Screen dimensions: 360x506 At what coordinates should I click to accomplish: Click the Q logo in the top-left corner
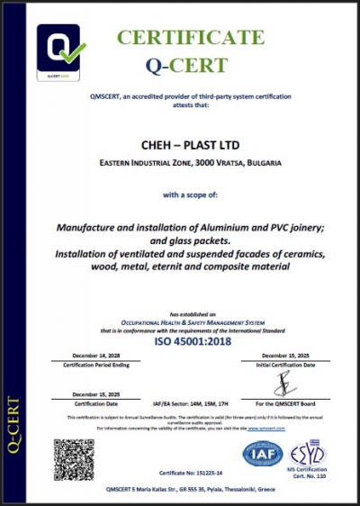tap(61, 53)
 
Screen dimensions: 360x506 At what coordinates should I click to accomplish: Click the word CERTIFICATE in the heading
tap(191, 37)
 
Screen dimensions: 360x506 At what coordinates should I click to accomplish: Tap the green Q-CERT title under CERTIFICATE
tap(186, 65)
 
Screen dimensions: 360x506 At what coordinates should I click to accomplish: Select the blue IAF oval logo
tap(262, 453)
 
